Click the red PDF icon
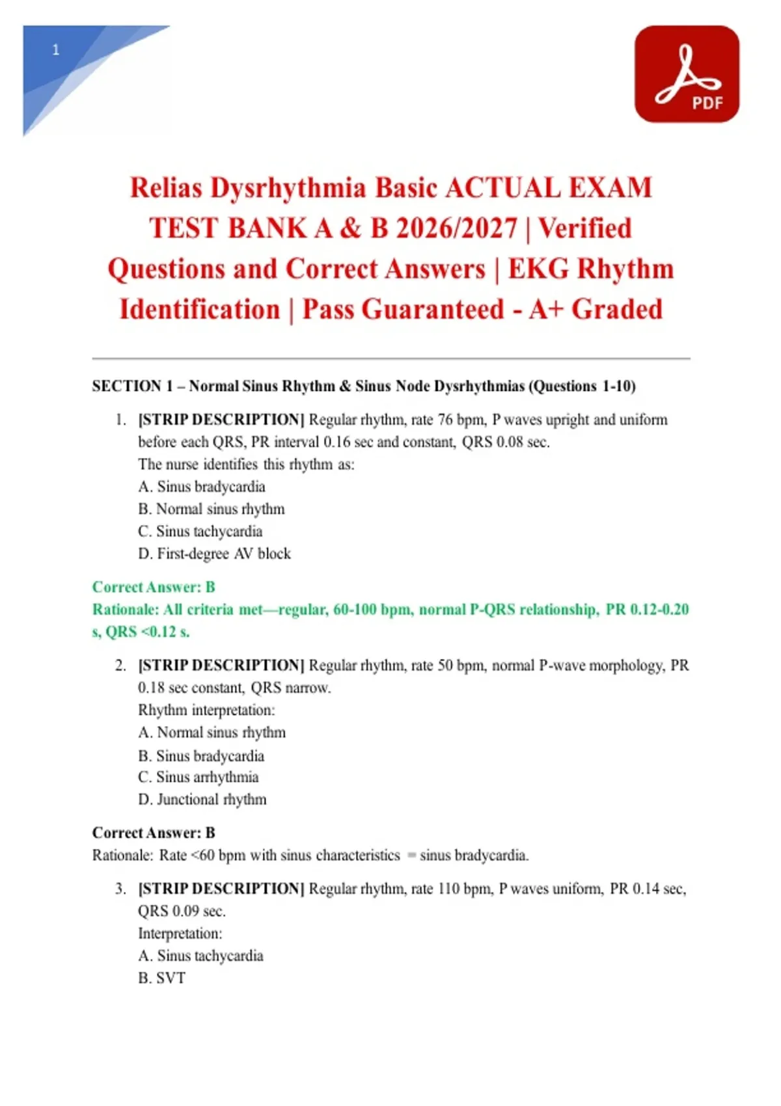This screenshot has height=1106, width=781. tap(687, 74)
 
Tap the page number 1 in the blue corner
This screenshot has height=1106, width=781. tap(56, 50)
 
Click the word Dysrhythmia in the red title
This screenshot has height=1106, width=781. tap(288, 188)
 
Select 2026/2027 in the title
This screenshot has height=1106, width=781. tap(456, 228)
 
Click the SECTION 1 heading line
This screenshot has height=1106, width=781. tap(363, 386)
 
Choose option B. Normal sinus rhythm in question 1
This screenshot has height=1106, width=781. tap(211, 509)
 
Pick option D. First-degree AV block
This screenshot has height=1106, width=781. tap(214, 554)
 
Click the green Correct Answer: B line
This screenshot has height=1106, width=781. tap(154, 587)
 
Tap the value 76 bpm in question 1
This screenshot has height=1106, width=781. tap(454, 420)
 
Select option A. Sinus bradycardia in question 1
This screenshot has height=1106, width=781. tap(202, 487)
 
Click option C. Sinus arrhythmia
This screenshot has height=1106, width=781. tap(199, 777)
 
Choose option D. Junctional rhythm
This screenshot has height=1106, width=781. tap(202, 800)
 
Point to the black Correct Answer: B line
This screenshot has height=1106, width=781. tap(154, 833)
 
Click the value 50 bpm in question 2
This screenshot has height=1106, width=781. tap(454, 666)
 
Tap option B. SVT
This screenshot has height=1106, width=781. tap(162, 978)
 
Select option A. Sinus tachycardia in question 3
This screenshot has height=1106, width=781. tap(200, 956)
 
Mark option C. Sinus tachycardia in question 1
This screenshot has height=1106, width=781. tap(200, 532)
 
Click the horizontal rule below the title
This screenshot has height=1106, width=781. tap(390, 358)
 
